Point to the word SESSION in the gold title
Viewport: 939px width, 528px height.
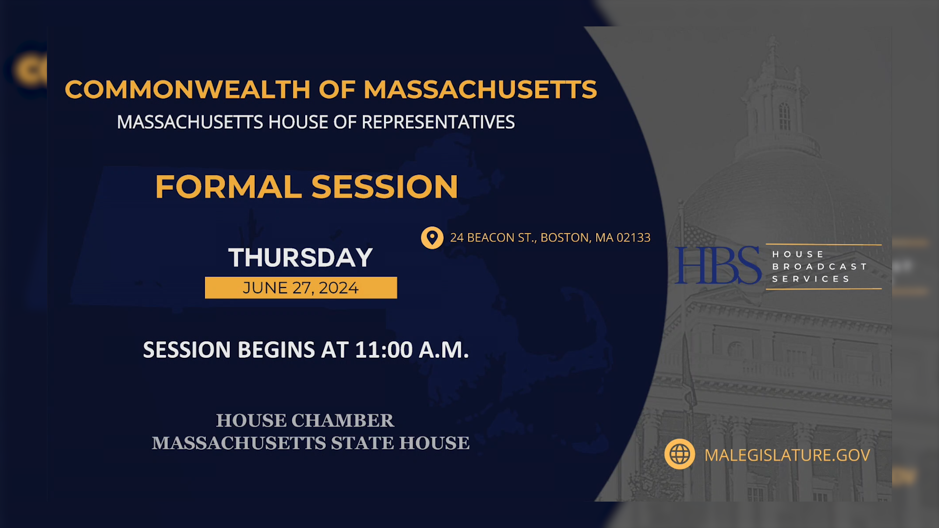pyautogui.click(x=384, y=187)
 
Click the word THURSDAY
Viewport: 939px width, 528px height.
pyautogui.click(x=300, y=258)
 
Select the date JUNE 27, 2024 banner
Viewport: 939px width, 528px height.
pyautogui.click(x=301, y=288)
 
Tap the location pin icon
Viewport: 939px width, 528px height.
pyautogui.click(x=432, y=238)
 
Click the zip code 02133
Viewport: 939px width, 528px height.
pyautogui.click(x=633, y=238)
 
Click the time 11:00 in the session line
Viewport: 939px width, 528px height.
pyautogui.click(x=384, y=350)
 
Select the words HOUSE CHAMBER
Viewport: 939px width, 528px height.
pyautogui.click(x=305, y=420)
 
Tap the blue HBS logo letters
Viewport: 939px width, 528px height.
pyautogui.click(x=717, y=265)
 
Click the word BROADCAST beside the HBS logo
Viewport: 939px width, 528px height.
pyautogui.click(x=819, y=266)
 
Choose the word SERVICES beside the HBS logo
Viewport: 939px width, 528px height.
pyautogui.click(x=811, y=279)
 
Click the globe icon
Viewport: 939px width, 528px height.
pyautogui.click(x=679, y=454)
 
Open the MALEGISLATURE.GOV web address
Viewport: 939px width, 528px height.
pyautogui.click(x=787, y=455)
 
